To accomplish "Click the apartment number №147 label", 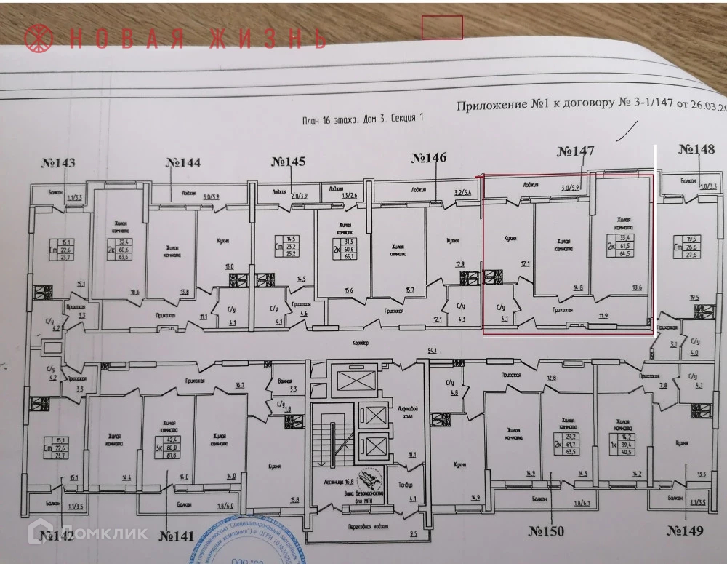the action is pos(576,151).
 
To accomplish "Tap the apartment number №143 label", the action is pos(60,162).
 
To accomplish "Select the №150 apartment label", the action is pos(549,531).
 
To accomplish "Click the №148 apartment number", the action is pos(696,149).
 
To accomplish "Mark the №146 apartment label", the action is pos(429,157).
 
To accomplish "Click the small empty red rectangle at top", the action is pos(442,27).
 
